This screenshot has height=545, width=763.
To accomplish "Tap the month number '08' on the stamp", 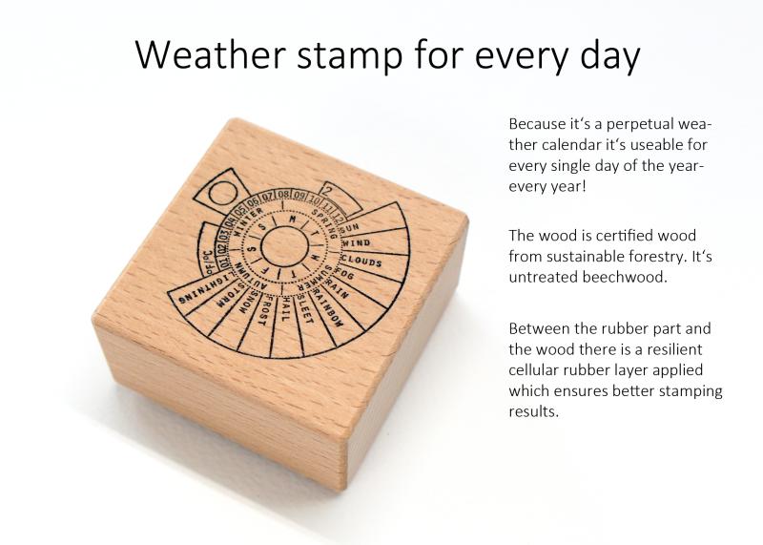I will pyautogui.click(x=284, y=196).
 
